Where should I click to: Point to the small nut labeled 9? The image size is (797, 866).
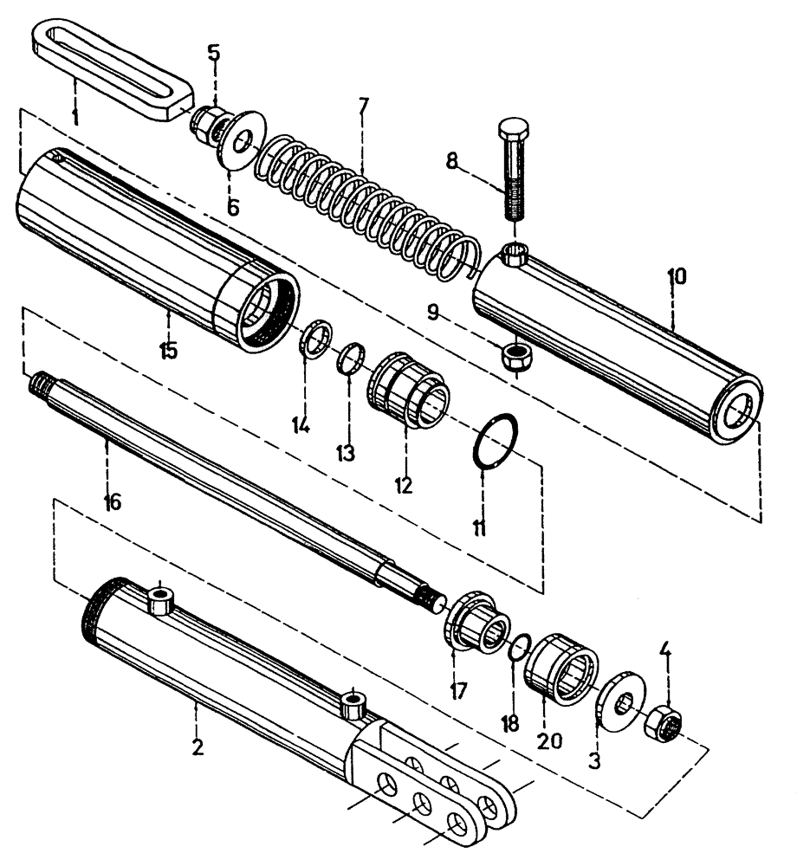pos(515,354)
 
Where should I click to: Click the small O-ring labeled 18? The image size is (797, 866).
pos(521,646)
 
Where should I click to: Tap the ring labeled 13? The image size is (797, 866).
pos(350,357)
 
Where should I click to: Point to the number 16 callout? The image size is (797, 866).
pos(112,501)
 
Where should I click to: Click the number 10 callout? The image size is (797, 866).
pos(676,277)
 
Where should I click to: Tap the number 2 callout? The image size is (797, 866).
pos(198,747)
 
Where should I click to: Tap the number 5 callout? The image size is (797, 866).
pos(213,52)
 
